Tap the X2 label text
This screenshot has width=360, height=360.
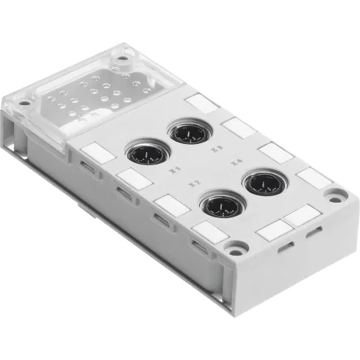point(195,182)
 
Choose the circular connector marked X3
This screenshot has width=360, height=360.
point(187,134)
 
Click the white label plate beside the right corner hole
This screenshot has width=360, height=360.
point(313,177)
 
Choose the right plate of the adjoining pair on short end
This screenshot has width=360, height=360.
point(301,216)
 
